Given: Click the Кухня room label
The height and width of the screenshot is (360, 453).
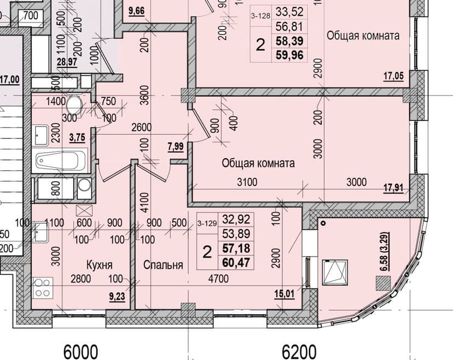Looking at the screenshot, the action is coord(100,265).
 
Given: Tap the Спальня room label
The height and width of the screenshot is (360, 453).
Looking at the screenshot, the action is coord(163,265).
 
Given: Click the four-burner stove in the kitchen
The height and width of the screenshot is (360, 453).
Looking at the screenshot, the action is coord(43,288).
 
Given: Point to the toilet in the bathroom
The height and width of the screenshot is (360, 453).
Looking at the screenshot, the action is coord(74,105).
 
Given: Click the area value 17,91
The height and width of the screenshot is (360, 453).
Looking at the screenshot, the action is coord(393,188).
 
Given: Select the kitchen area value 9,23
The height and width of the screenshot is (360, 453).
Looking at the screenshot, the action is coord(117,297).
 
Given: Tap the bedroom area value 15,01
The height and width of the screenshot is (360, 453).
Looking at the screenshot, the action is coord(284,294).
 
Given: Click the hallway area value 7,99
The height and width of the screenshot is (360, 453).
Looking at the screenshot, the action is coord(176,147).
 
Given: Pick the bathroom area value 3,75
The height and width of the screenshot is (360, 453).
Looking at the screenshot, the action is coord(78,137).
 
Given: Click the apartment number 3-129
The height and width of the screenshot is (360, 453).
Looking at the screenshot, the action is coord(207,223).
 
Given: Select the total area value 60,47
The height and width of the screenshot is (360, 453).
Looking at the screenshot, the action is coord(236,263).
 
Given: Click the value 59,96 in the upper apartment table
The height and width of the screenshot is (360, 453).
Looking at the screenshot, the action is coord(289,55).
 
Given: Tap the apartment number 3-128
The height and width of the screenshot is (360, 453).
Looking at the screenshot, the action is coord(260,16).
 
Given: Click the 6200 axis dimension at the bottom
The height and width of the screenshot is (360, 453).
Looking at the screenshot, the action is coord(299,352).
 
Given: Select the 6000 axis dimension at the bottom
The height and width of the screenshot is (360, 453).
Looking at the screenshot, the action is coord(80,352).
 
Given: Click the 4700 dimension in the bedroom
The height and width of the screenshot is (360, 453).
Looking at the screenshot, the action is coord(218,278).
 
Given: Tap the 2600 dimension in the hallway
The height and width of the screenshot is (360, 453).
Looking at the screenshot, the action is coord(141,127).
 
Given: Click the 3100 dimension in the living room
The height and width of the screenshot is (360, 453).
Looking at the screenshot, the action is coord(247,182).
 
